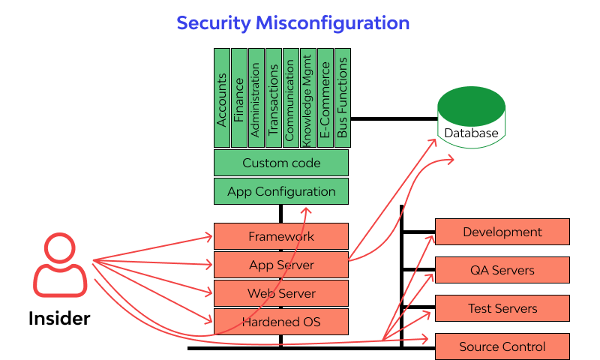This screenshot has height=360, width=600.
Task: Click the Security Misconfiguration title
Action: (x=292, y=23)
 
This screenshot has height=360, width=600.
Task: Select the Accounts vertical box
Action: (x=222, y=98)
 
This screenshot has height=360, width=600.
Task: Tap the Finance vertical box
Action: (x=239, y=98)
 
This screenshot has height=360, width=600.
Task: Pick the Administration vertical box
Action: (x=256, y=98)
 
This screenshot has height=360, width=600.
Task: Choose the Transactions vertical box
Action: (x=274, y=98)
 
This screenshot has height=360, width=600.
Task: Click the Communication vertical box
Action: (x=290, y=98)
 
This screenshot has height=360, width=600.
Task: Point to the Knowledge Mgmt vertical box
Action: (x=307, y=98)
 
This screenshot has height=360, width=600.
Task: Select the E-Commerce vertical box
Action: (x=325, y=98)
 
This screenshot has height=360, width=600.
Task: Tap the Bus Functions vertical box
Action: (x=342, y=98)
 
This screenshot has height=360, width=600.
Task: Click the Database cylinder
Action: (x=470, y=120)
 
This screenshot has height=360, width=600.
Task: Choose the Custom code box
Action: (x=281, y=163)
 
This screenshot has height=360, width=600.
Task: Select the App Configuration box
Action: (x=281, y=191)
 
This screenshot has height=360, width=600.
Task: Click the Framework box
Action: (x=281, y=236)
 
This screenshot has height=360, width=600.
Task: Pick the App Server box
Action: (x=281, y=265)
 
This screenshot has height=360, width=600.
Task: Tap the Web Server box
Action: (x=281, y=293)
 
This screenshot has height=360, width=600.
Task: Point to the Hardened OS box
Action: (x=281, y=322)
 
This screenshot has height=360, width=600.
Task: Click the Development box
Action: (x=502, y=232)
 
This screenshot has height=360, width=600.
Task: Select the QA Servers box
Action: (x=502, y=270)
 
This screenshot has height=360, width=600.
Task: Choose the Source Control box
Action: (x=502, y=346)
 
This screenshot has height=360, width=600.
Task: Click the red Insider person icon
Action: (x=59, y=265)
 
